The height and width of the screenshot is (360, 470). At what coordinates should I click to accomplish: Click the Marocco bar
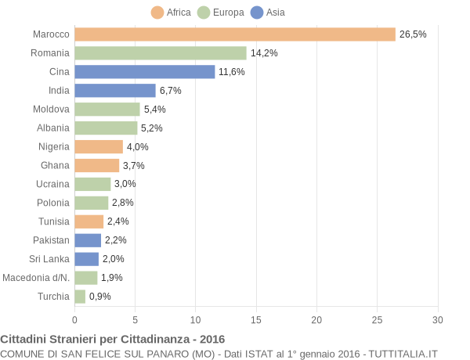coord(235,34)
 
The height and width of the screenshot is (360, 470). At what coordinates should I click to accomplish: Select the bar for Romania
coord(161,53)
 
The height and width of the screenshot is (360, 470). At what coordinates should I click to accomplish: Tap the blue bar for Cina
coord(145,72)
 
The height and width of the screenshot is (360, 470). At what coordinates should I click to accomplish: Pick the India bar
coord(115,91)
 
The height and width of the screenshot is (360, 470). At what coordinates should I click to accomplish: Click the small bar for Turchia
coord(80,297)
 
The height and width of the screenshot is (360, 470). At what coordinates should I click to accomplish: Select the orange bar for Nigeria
coord(99,146)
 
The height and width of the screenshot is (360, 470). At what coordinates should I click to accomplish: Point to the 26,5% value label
coord(413,34)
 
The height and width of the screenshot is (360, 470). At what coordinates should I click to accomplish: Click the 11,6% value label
coord(232,72)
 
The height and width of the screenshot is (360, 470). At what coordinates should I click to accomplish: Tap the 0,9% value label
coord(100,297)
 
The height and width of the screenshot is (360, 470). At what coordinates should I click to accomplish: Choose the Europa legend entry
coord(220,12)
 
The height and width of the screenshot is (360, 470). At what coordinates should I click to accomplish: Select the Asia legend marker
coord(257,12)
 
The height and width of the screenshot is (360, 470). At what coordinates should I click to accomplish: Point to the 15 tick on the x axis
coord(256,319)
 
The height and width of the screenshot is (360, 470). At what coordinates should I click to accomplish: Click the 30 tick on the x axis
coord(438,319)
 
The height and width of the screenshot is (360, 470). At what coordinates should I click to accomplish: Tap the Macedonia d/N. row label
coord(36,278)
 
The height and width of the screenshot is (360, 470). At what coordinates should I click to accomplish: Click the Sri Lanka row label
coord(49,259)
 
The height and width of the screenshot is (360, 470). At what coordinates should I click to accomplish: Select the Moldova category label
coord(51,110)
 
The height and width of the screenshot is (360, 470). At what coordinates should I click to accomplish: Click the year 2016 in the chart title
coord(211,340)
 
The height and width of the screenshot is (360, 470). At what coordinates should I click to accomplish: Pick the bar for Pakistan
coord(88,240)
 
